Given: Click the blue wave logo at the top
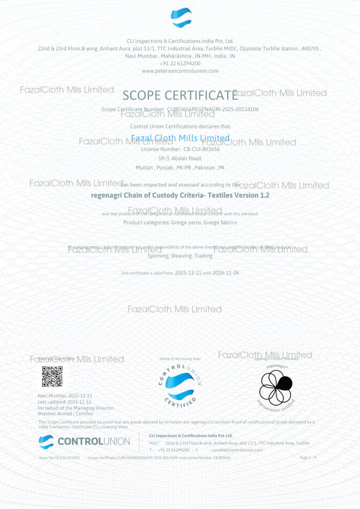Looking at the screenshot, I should pyautogui.click(x=181, y=18).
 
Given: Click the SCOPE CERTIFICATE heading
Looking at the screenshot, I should pyautogui.click(x=180, y=95).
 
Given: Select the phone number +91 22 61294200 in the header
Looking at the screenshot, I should pyautogui.click(x=180, y=63).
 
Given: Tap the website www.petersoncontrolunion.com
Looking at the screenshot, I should pyautogui.click(x=180, y=71).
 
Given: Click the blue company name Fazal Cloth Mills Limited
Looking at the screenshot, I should pyautogui.click(x=180, y=138).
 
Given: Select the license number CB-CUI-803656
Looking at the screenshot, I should pyautogui.click(x=201, y=149).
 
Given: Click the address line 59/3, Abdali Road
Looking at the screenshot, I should pyautogui.click(x=180, y=158).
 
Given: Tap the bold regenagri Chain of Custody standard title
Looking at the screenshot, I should pyautogui.click(x=180, y=195).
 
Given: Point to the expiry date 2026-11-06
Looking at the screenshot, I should pyautogui.click(x=226, y=273).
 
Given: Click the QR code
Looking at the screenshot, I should pyautogui.click(x=52, y=377).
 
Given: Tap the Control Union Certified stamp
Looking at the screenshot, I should pyautogui.click(x=180, y=384).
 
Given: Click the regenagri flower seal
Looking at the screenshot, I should pyautogui.click(x=276, y=387).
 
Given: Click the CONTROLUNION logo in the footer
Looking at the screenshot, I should pyautogui.click(x=84, y=441).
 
